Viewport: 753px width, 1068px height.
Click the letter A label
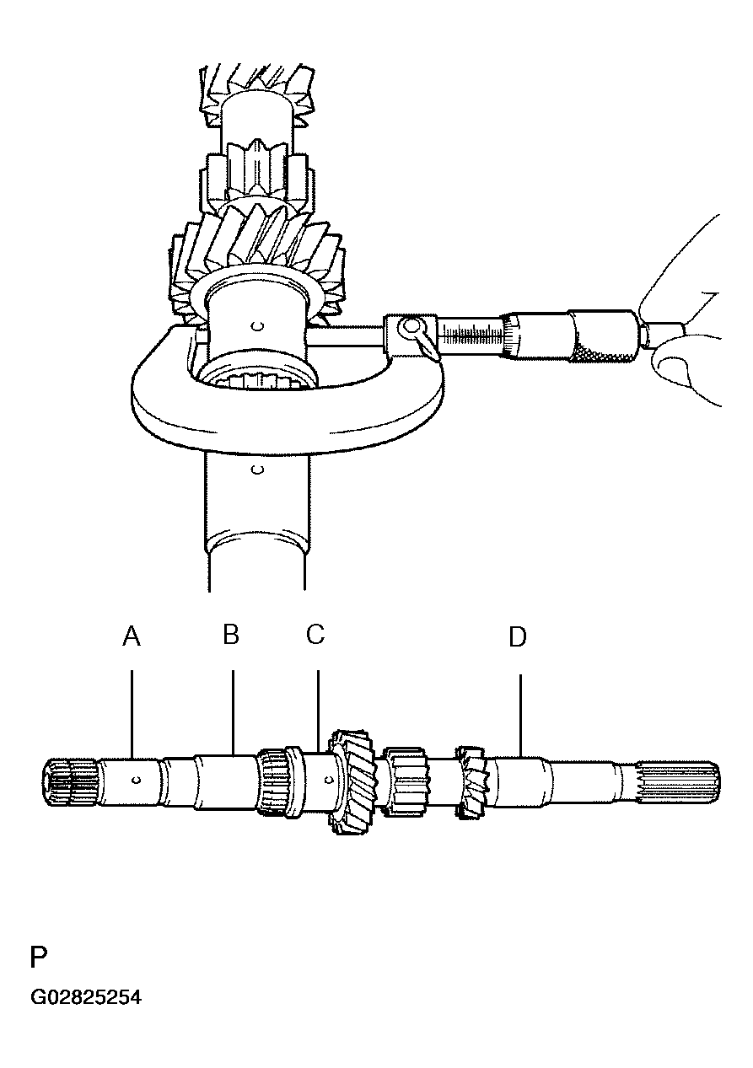(x=132, y=636)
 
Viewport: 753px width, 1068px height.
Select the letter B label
(x=231, y=634)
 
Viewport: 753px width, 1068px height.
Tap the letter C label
(x=315, y=634)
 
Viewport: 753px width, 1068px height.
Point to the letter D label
(x=518, y=636)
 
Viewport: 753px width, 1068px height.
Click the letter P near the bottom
(x=39, y=957)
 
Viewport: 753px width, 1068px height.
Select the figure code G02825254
(x=86, y=997)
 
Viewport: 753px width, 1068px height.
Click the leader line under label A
(x=132, y=714)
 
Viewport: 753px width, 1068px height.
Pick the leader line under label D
(x=520, y=715)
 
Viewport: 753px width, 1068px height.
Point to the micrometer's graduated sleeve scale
(x=472, y=335)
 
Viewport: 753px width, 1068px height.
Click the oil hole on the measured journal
(x=258, y=326)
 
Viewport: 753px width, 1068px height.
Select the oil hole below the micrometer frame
(x=257, y=470)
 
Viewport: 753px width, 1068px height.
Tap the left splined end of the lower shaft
(x=72, y=782)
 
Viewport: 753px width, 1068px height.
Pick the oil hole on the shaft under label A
(x=137, y=781)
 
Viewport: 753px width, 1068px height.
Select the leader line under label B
(x=233, y=712)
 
